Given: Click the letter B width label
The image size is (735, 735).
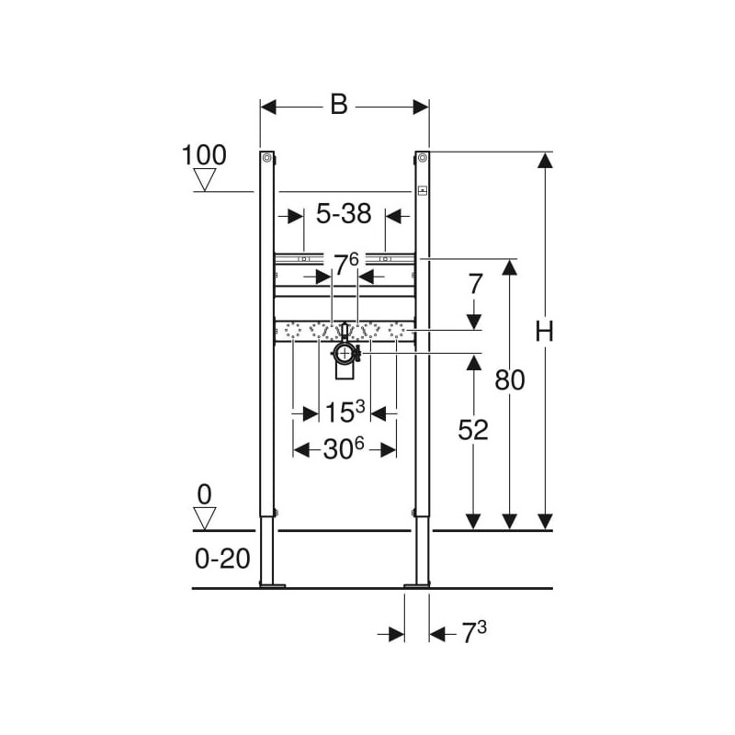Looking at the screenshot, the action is (x=339, y=104).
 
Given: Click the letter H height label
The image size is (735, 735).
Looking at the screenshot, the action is (x=544, y=332).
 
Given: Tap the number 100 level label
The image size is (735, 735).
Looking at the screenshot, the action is (x=204, y=154).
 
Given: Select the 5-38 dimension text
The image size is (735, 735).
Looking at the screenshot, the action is (x=344, y=214).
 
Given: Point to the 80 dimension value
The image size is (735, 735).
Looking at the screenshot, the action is (x=510, y=379).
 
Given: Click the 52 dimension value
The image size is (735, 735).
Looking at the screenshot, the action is (x=473, y=429).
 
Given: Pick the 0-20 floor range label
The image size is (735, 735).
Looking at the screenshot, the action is (x=222, y=559).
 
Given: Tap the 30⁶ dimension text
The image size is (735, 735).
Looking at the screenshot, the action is (x=344, y=449).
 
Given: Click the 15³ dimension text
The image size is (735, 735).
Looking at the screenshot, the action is (x=345, y=412).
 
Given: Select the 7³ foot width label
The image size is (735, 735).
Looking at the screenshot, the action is (x=474, y=632).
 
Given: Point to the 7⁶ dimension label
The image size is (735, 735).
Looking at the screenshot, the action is (x=345, y=265).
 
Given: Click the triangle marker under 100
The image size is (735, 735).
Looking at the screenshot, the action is (x=204, y=179).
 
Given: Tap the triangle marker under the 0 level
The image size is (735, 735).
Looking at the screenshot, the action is (x=204, y=518).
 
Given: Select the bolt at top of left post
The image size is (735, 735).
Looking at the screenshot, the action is (x=266, y=158).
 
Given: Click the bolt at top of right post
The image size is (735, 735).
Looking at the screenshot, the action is (x=422, y=158).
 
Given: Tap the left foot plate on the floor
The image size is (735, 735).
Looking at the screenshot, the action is (x=272, y=585).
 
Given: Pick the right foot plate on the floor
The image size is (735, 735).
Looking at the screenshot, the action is (x=417, y=585).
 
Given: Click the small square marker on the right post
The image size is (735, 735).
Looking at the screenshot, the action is (x=423, y=191).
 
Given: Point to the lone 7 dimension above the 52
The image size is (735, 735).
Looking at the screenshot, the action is (x=475, y=284).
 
